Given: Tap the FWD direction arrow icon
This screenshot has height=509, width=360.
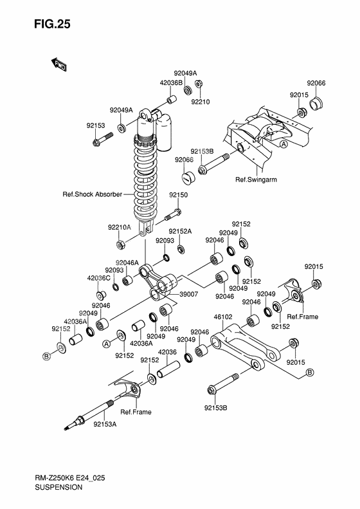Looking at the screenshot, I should tap(59, 63).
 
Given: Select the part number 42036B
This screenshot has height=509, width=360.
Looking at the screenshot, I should tap(171, 82).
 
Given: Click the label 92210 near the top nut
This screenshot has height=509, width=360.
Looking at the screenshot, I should tap(201, 101).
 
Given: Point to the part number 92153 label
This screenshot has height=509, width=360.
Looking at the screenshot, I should tap(96, 125).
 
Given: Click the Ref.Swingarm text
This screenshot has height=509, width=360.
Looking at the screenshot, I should tap(255, 180).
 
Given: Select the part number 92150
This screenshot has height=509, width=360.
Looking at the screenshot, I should tap(179, 194).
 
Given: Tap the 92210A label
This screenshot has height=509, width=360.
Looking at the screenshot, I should tap(120, 227).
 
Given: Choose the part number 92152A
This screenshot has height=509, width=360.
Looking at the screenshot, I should tap(181, 232).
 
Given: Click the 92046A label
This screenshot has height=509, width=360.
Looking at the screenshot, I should tap(127, 263).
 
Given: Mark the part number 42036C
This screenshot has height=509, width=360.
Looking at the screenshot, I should tap(99, 278).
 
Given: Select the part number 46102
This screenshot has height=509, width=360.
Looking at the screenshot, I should tap(222, 317).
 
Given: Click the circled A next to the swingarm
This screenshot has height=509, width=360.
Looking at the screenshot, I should tap(283, 144).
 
